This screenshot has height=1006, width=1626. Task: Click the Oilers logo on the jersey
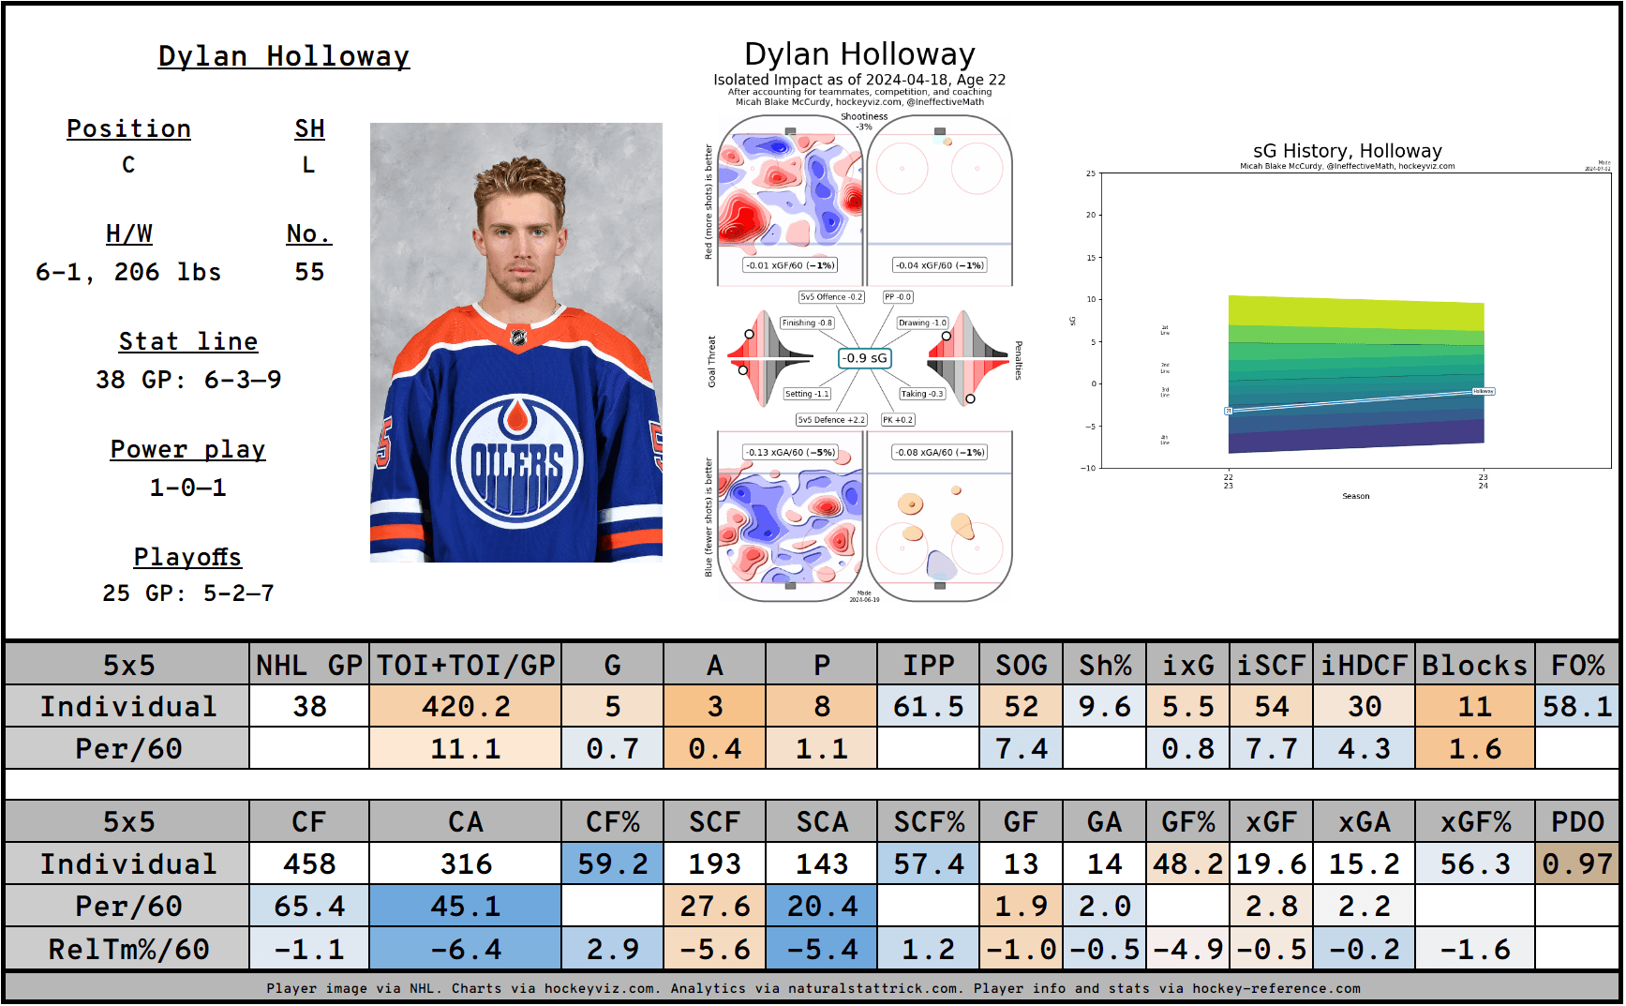[x=515, y=458]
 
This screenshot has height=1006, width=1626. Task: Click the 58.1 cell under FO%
[x=1577, y=706]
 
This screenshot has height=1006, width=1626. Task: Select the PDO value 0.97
[x=1577, y=863]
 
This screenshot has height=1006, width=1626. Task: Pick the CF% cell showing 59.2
[x=613, y=863]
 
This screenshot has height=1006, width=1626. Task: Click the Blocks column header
[x=1474, y=665]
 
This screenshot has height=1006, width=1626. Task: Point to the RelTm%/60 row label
[x=128, y=949]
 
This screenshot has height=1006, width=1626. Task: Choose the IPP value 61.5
[x=928, y=706]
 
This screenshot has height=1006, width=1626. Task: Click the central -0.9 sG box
[x=863, y=358]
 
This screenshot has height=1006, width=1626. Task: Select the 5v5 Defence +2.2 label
[x=830, y=420]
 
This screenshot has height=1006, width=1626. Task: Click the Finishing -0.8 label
[x=807, y=323]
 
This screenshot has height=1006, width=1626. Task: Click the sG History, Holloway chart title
[x=1347, y=151]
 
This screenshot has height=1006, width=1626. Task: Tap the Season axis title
[x=1355, y=496]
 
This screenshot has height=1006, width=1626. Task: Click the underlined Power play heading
[x=187, y=450]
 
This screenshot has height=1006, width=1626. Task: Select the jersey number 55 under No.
[x=309, y=272]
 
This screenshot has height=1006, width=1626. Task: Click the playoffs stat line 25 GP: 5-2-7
[x=187, y=593]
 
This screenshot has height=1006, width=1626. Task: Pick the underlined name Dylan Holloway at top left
[x=283, y=56]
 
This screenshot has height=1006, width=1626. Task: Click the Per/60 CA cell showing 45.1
[x=465, y=907]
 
